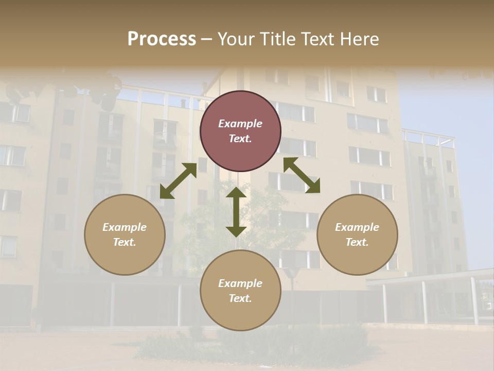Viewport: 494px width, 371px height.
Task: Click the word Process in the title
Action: (162, 39)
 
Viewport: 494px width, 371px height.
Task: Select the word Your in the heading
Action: (235, 39)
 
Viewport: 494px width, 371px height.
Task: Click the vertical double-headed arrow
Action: (236, 212)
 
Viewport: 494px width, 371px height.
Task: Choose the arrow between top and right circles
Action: (302, 175)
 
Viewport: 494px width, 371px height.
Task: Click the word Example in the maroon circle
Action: (240, 124)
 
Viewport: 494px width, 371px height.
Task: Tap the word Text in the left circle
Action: (125, 242)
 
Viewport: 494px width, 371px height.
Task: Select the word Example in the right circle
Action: (357, 227)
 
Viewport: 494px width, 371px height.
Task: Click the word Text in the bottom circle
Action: (240, 298)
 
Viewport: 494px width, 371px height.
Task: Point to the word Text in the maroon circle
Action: (240, 139)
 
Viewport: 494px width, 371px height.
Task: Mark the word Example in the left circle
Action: (125, 227)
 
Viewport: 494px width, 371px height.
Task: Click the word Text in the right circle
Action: (357, 242)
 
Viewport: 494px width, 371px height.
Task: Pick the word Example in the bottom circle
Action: (240, 283)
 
